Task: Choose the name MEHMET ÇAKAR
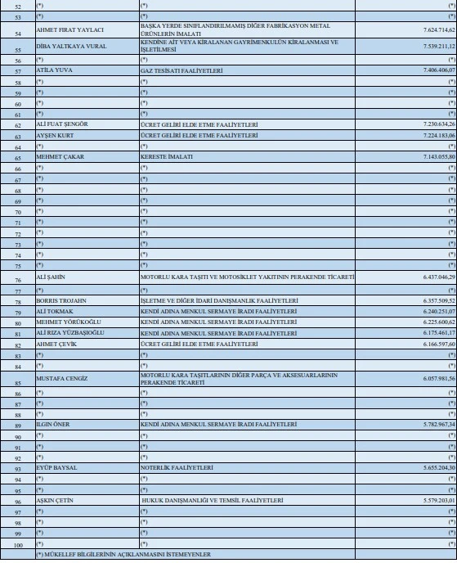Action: click(x=59, y=155)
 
